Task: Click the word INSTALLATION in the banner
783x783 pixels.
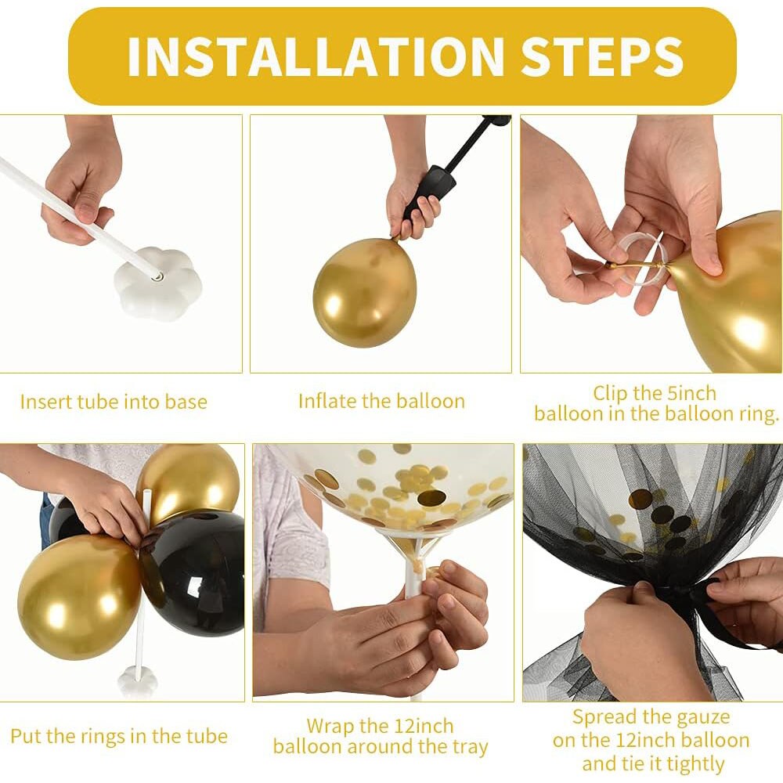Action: pos(316,56)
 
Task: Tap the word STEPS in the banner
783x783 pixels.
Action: pos(601,56)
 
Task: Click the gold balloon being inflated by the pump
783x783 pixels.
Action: pos(365,291)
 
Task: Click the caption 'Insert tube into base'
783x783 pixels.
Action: pos(114,402)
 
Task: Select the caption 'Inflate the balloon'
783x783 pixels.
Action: pos(381,401)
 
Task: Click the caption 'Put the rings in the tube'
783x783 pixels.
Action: pos(119,736)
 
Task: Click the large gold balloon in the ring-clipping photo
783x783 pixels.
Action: pos(734,294)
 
